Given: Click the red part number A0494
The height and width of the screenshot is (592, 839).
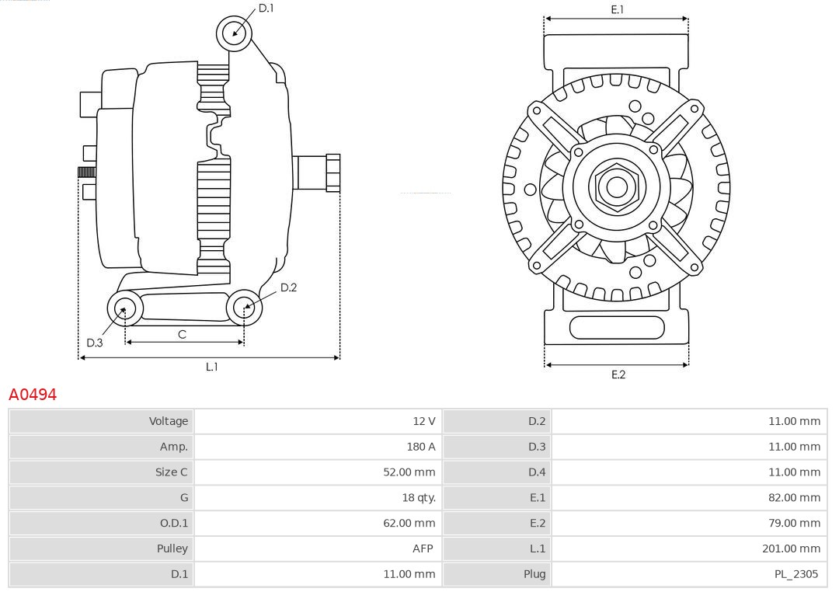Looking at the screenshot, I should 33,395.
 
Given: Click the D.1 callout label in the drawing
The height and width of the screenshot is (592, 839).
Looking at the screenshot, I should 266,8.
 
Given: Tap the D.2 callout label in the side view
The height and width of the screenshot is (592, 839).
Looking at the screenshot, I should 288,287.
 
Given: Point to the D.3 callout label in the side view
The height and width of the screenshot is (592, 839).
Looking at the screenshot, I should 95,343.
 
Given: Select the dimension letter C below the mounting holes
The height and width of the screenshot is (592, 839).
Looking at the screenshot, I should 182,334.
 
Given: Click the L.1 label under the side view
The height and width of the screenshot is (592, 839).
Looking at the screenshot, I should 211,367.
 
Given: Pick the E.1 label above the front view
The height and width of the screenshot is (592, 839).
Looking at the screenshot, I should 618,9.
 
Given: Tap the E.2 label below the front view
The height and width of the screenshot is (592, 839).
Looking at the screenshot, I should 618,374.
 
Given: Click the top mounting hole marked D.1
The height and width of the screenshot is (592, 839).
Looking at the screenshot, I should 234,33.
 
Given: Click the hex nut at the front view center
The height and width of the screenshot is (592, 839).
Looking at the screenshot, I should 617,186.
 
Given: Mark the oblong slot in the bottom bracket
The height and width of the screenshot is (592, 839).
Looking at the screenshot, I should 617,327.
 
